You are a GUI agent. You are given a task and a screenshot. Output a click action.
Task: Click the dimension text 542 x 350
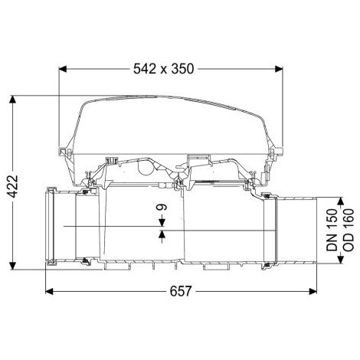pyautogui.click(x=164, y=69)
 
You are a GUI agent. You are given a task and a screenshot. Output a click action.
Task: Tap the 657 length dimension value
pyautogui.click(x=181, y=291)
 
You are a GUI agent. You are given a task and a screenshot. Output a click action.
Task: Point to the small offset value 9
pyautogui.click(x=162, y=207)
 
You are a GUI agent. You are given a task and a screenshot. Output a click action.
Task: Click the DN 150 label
pyautogui.click(x=332, y=230)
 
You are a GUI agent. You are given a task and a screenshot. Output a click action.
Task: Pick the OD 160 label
pyautogui.click(x=349, y=230)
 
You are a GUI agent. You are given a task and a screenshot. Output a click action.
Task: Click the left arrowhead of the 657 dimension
pyautogui.click(x=49, y=291)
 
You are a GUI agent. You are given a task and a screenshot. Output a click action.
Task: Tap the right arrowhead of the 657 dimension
pyautogui.click(x=313, y=291)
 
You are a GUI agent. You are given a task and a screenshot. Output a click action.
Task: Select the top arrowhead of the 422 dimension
pyautogui.click(x=12, y=100)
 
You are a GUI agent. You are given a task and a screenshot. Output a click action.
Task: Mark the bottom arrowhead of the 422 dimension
pyautogui.click(x=12, y=265)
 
